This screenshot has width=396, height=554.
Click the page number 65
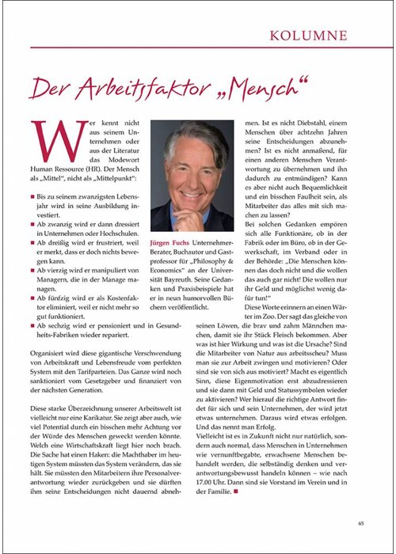tap(360, 522)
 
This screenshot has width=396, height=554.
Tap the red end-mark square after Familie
tap(237, 470)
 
